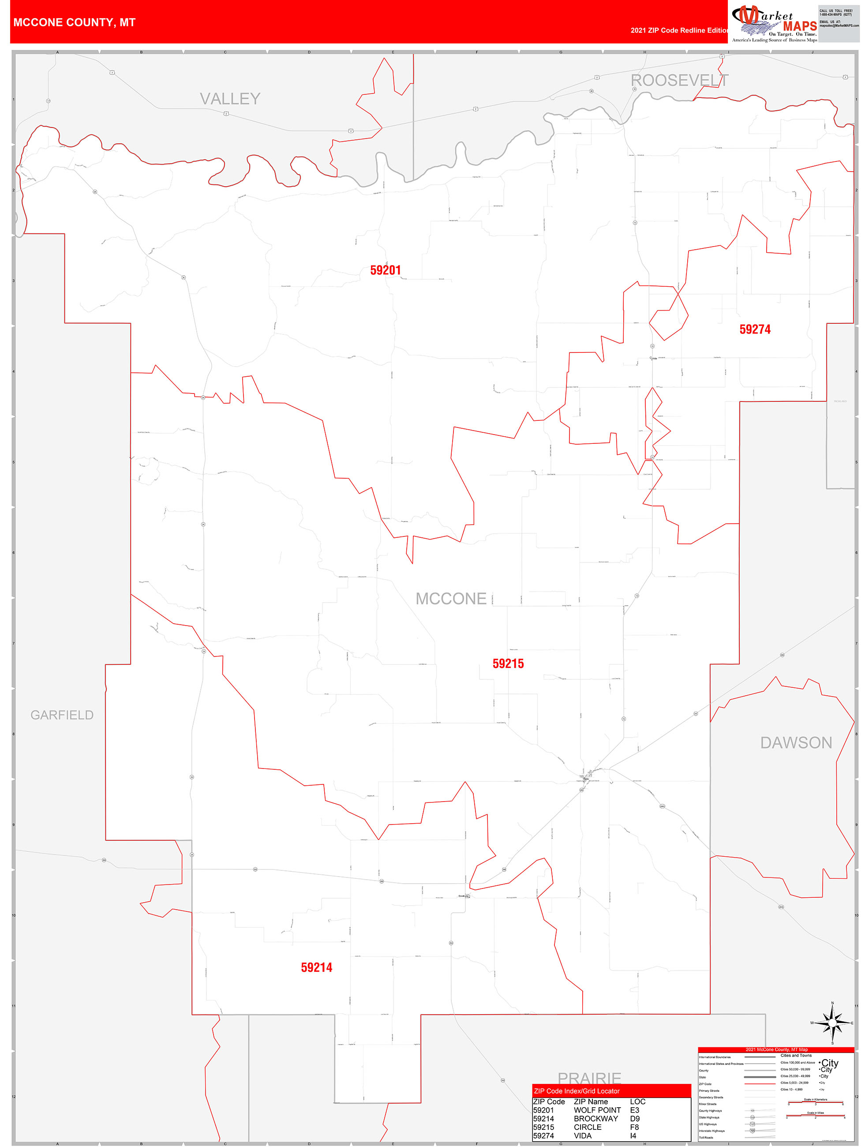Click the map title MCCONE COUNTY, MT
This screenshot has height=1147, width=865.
coord(74,22)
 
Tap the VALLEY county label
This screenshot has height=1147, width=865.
coord(230,98)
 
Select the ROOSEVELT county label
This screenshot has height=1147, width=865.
coord(679,80)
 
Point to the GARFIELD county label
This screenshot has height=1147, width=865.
coord(62,715)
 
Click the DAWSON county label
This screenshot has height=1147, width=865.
coord(796,742)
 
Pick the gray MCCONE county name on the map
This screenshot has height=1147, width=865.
coord(451,599)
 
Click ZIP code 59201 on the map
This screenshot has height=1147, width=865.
coord(386,270)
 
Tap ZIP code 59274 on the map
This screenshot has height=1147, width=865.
coord(755,329)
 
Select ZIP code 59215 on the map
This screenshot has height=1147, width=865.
coord(508,664)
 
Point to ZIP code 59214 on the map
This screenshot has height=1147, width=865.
coord(316,967)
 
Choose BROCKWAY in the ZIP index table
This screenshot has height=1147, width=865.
coord(595,1118)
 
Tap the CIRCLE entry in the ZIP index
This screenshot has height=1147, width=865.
coord(588,1127)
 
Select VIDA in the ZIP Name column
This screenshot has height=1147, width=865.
coord(582,1136)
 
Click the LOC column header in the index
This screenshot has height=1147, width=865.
coord(637,1102)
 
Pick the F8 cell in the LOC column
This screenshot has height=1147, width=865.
coord(634,1127)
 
